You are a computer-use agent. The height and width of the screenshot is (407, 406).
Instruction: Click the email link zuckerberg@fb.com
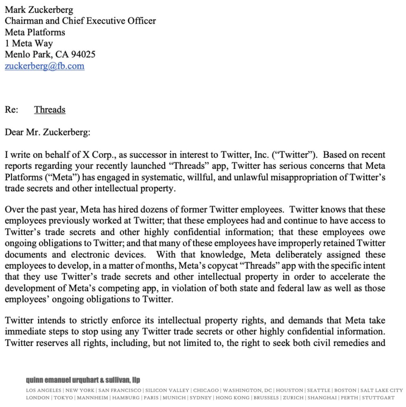44,66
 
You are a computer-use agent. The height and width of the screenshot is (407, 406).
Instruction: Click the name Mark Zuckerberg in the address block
39,10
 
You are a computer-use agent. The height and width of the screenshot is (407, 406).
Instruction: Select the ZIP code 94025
83,55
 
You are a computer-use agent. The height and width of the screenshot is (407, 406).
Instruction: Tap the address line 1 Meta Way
29,44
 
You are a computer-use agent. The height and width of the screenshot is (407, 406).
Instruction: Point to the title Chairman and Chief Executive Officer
80,21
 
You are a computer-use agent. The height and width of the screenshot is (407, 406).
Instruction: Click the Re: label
11,110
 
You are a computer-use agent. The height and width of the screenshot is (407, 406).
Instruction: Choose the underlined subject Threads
50,110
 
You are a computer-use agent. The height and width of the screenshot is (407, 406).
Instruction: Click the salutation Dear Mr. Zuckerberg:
47,132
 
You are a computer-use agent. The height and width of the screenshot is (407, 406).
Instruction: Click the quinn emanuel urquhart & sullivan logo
83,380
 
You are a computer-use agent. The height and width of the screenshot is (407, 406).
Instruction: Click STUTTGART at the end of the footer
378,398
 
